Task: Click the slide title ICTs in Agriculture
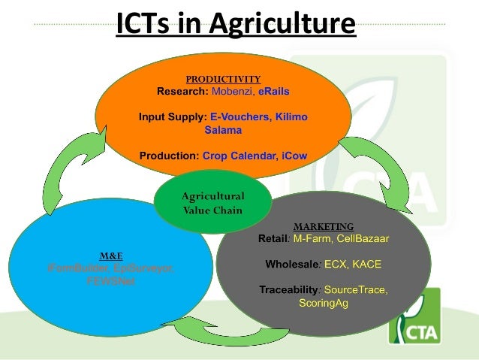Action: pos(235,23)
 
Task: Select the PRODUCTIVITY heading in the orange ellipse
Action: pos(223,78)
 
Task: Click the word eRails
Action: pos(274,92)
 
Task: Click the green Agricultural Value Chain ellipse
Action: pos(212,202)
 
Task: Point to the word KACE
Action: pos(365,265)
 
